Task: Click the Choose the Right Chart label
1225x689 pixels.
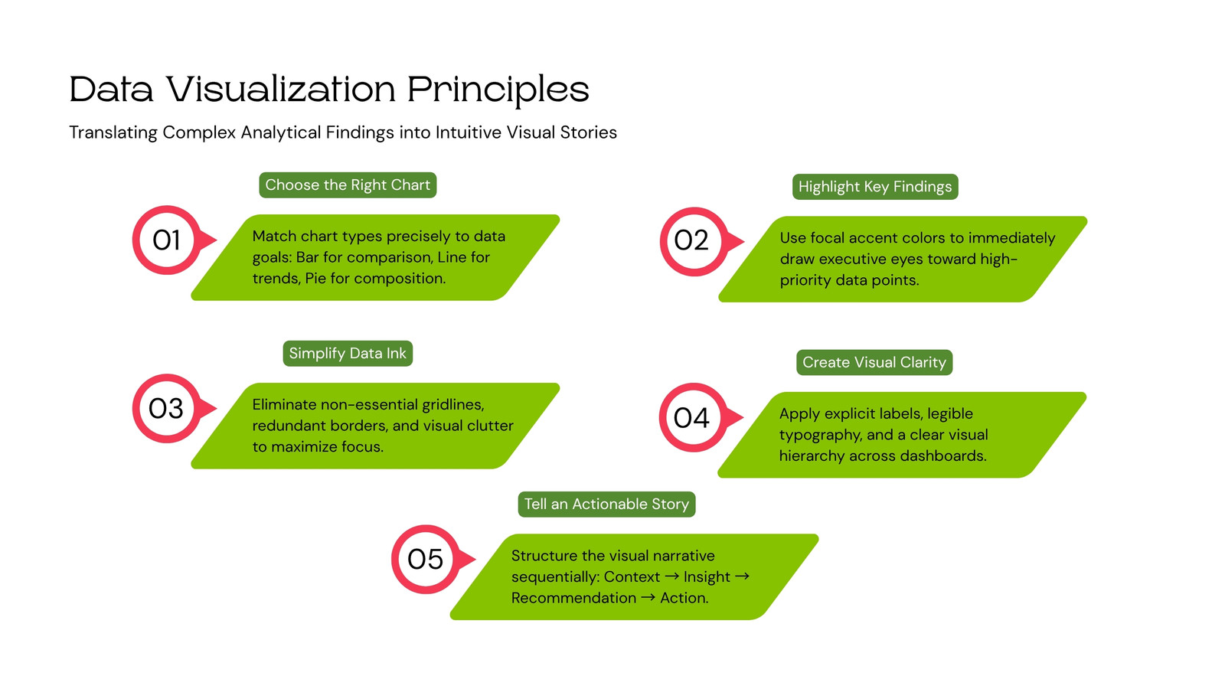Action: click(x=348, y=184)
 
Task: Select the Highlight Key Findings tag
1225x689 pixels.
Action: click(x=875, y=187)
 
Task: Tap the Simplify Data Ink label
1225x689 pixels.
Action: click(x=348, y=353)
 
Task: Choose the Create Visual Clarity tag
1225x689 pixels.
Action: click(x=874, y=362)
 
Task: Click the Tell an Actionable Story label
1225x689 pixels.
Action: click(x=606, y=505)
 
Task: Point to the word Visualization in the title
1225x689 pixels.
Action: click(x=281, y=89)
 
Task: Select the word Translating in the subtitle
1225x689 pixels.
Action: click(x=113, y=133)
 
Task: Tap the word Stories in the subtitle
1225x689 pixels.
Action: click(x=589, y=132)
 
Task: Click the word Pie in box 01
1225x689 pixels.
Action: click(x=315, y=279)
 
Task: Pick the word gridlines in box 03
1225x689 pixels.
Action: click(x=452, y=405)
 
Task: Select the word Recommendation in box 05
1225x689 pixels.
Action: click(x=573, y=598)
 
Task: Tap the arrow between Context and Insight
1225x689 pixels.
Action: click(x=672, y=576)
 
